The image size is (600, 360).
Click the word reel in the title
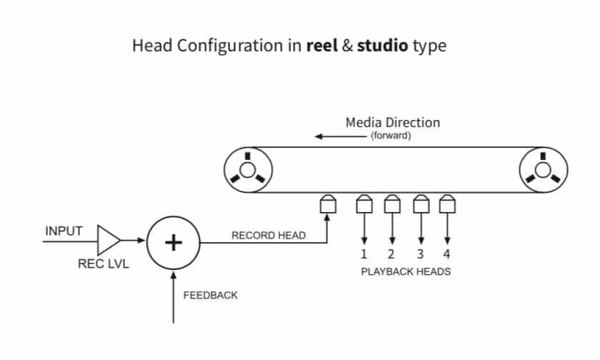[323, 46]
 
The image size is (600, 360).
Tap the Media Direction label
[393, 122]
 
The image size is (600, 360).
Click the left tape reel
[247, 170]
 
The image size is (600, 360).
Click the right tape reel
[544, 170]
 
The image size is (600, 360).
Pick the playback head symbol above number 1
[364, 206]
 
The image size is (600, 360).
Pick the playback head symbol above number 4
[447, 206]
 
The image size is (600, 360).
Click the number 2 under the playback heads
[391, 254]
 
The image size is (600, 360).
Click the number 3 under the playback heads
[420, 254]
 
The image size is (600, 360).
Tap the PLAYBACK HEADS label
[406, 271]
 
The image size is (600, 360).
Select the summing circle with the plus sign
[173, 243]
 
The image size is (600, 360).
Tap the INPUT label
[64, 231]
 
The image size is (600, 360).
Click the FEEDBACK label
[211, 295]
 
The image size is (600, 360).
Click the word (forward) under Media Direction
[391, 136]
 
